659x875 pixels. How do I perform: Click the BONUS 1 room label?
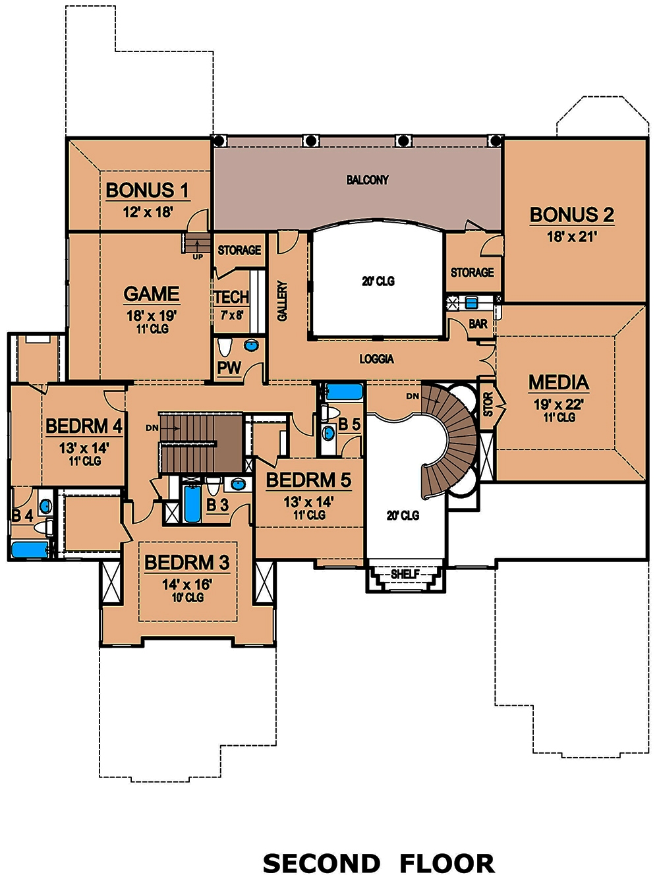coord(147,190)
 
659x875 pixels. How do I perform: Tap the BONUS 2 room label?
coord(571,215)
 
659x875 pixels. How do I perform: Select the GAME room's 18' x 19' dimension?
coord(152,316)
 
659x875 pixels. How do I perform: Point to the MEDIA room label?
coord(558,382)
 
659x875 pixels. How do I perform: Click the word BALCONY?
coord(367,180)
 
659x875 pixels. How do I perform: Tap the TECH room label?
coord(231,297)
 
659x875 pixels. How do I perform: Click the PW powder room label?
coord(229,368)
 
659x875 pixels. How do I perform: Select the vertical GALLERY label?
coord(283,301)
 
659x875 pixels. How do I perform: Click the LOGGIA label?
coord(376,358)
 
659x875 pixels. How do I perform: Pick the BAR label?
coord(478,324)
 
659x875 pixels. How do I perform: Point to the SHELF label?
coord(405,574)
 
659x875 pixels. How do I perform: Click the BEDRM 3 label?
coord(186,563)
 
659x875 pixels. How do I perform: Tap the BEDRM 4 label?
coord(84,426)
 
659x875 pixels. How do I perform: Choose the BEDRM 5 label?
coord(308,480)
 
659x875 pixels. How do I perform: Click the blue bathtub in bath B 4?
coord(30,549)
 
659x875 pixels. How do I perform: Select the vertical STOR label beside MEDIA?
coord(488,405)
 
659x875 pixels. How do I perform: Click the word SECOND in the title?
coord(322,863)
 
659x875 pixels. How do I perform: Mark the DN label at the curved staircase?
coord(413,396)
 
